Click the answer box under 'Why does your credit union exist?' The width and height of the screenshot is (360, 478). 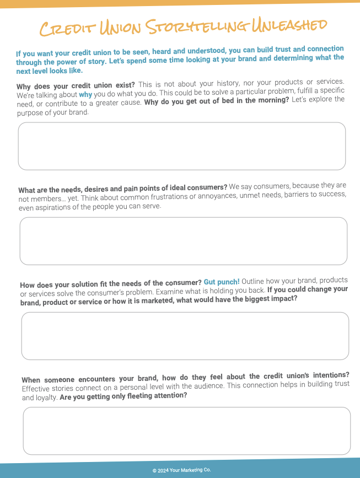(182, 146)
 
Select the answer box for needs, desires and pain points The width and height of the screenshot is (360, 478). (184, 241)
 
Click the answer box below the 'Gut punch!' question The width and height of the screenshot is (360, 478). (185, 336)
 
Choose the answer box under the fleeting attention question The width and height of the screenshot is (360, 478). (187, 431)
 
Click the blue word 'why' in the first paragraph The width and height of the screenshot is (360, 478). (85, 94)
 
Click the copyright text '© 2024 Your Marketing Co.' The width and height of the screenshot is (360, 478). (182, 470)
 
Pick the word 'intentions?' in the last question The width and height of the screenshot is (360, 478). (329, 375)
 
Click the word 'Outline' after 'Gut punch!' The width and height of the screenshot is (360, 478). (254, 281)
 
